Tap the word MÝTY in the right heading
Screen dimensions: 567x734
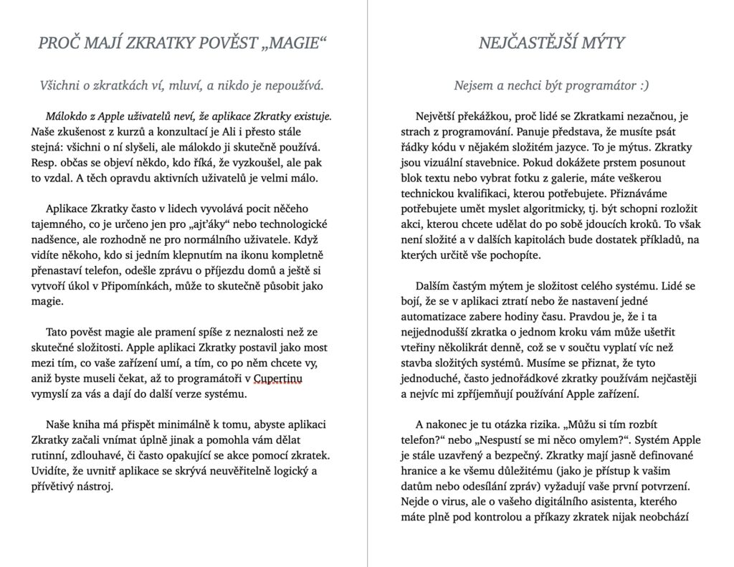(599, 43)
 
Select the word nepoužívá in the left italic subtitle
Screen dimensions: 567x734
(292, 86)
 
